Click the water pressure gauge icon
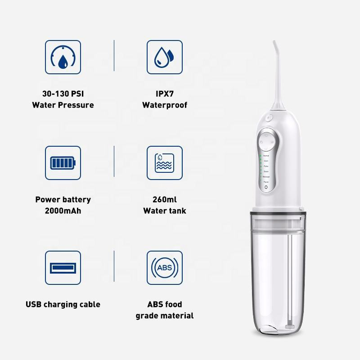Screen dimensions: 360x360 (x=63, y=57)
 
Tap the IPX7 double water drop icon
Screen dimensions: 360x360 (x=165, y=57)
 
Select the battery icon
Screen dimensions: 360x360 (x=63, y=163)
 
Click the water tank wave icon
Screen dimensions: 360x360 (x=165, y=163)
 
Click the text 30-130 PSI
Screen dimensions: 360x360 (x=63, y=94)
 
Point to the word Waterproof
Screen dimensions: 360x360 (x=165, y=105)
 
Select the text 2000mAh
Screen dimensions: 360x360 (x=63, y=210)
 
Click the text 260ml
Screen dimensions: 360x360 (x=165, y=199)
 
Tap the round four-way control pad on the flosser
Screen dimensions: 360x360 (x=266, y=142)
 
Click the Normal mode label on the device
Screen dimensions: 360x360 (x=266, y=156)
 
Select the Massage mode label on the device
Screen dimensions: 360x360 (x=266, y=177)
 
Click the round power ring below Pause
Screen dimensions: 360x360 (x=266, y=187)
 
